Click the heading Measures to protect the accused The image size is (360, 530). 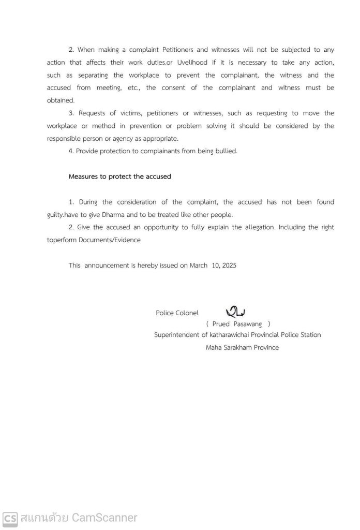pyautogui.click(x=119, y=176)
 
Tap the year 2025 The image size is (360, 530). pyautogui.click(x=228, y=265)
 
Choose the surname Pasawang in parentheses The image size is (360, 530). pyautogui.click(x=248, y=324)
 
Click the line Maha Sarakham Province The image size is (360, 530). pyautogui.click(x=242, y=347)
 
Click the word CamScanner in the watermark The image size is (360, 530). pyautogui.click(x=104, y=518)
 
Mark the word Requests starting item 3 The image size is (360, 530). pyautogui.click(x=92, y=113)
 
